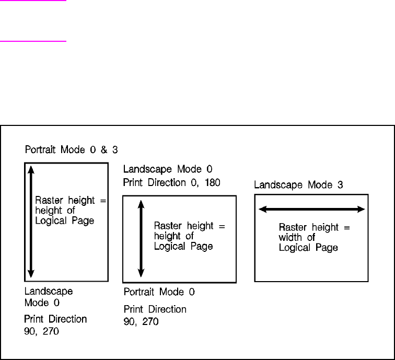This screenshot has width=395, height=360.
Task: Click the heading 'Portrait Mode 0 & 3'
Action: point(72,150)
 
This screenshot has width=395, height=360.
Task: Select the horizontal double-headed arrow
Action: point(312,209)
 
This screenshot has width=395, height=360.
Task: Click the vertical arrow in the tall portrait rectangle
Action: point(31,221)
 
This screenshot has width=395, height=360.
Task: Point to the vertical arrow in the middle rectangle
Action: point(140,239)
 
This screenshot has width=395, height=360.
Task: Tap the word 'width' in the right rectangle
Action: point(289,238)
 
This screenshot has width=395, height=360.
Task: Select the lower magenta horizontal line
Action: point(33,40)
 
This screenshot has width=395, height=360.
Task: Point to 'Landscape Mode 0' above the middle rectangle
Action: point(167,169)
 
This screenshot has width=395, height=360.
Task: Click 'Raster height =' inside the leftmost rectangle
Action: point(71,200)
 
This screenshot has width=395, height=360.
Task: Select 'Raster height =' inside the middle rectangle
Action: point(190,226)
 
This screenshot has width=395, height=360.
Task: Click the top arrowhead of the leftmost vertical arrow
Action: point(31,168)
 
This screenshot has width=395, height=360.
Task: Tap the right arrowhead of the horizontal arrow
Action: point(361,209)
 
